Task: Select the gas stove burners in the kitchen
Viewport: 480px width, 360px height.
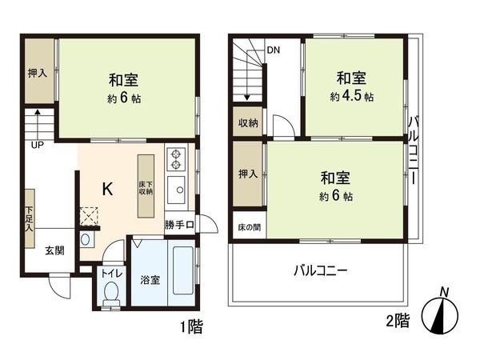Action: point(175,159)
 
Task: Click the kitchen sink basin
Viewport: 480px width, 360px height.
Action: point(176,191)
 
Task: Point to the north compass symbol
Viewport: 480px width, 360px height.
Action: point(442,311)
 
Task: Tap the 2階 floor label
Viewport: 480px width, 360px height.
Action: point(398,322)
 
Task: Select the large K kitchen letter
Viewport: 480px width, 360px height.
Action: point(106,188)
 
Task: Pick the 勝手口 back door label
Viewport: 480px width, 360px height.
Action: point(179,225)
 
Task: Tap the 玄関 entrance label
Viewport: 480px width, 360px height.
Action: point(54,250)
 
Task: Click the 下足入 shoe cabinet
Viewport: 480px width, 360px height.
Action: point(28,213)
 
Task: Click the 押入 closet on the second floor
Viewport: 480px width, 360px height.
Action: point(247,174)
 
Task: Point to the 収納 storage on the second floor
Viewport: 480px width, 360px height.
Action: point(246,122)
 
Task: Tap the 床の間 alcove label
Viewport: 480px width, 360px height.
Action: point(248,227)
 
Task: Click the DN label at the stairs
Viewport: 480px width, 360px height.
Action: point(274,50)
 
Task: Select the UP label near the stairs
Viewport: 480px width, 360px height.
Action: point(38,146)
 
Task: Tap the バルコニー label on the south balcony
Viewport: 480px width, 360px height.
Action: point(320,270)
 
